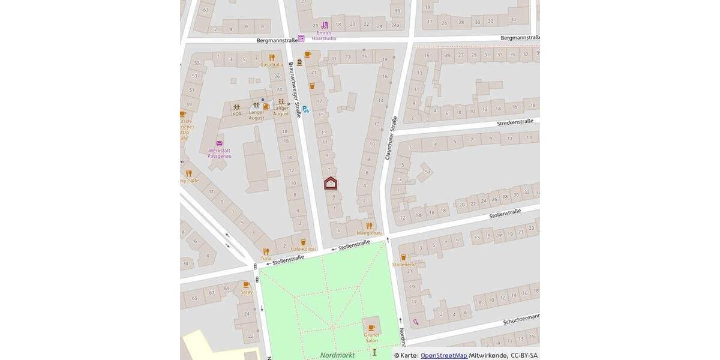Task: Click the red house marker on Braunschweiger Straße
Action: [331, 183]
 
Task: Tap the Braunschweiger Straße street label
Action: [295, 89]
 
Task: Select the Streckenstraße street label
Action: [515, 122]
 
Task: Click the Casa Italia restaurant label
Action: [271, 64]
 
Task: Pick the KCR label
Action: [236, 113]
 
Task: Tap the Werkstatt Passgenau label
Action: [220, 153]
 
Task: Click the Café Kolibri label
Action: [304, 249]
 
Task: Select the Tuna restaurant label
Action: [266, 259]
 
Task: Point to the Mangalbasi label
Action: [369, 233]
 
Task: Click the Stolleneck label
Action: [403, 264]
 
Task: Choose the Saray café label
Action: [247, 292]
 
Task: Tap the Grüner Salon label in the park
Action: [371, 337]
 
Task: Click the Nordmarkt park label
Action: [337, 355]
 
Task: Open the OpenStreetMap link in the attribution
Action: [444, 356]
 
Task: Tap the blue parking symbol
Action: [305, 109]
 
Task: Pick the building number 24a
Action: [394, 25]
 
